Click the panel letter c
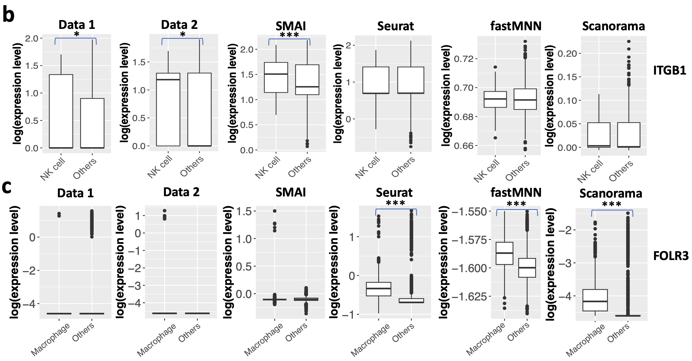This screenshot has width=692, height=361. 7,187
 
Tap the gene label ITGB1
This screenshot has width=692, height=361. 669,71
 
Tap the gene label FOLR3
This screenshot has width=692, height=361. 671,256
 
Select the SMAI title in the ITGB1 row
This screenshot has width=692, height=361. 291,26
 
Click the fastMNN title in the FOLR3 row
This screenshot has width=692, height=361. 516,193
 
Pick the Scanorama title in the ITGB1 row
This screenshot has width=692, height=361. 613,26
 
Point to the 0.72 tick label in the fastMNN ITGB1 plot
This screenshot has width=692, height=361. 464,59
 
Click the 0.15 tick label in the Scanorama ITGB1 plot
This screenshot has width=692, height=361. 567,77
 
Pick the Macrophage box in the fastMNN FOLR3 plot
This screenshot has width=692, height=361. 504,253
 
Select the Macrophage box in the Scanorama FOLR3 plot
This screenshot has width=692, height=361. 595,300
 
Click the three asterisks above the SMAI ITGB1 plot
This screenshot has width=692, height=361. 289,35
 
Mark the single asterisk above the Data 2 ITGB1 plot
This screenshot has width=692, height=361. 183,35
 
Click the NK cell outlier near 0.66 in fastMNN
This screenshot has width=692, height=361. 495,138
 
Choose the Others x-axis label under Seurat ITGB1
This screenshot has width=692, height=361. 403,167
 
